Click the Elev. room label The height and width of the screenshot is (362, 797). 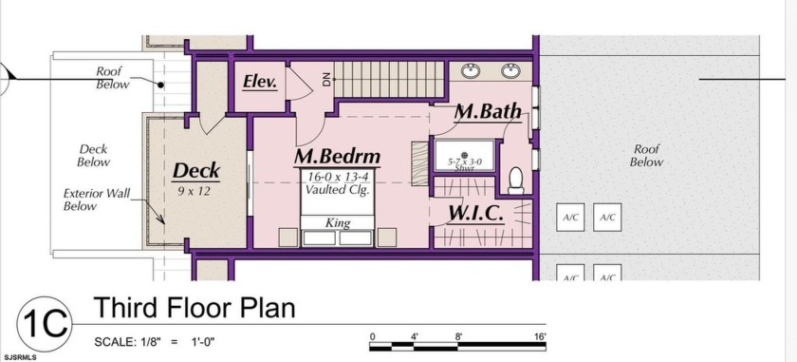coord(260,82)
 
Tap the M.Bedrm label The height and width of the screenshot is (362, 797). coord(337,157)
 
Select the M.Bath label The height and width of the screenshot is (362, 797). coord(488,111)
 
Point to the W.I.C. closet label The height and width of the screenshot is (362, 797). coord(475,214)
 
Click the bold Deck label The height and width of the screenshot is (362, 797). coord(196,171)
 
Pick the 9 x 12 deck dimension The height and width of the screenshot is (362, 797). coord(194,192)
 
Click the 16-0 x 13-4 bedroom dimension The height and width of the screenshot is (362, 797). coord(338,178)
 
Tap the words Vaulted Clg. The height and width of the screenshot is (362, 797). coord(336,190)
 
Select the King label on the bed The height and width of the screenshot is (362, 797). coord(338,223)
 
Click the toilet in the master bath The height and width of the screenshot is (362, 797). coord(516,181)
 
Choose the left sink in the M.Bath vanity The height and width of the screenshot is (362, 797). coord(472,70)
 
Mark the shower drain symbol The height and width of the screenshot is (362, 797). coord(464,155)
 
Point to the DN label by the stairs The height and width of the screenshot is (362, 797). coord(326,79)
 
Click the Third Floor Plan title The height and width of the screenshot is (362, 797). coord(195,307)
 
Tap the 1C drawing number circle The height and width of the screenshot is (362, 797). coord(45,324)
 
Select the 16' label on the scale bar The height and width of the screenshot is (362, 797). coord(540,336)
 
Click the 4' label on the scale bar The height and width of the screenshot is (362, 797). coord(415,336)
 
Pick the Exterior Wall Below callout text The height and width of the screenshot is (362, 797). coord(97,200)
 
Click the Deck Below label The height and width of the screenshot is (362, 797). coord(94,156)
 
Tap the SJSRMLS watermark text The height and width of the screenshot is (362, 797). coord(19,357)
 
